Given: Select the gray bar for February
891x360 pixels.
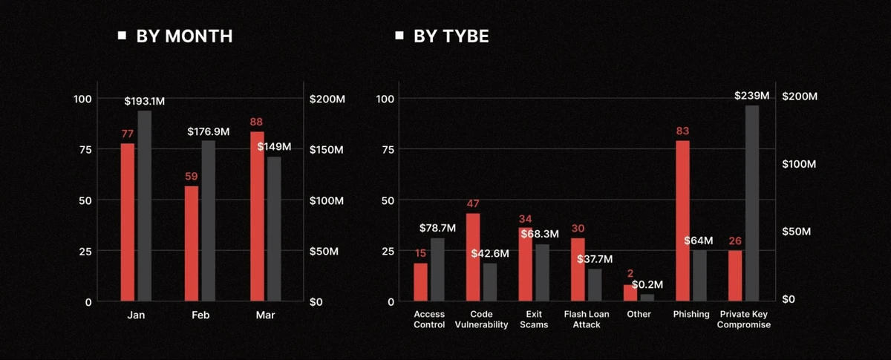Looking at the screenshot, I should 208,220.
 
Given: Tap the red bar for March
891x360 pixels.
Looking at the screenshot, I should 257,216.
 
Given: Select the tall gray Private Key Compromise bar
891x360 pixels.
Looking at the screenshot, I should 752,203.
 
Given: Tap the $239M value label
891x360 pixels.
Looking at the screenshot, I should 752,96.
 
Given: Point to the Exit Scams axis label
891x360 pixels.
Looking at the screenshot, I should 534,319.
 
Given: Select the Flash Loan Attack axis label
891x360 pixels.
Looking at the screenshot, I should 587,319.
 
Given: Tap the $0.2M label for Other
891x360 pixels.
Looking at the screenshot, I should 647,284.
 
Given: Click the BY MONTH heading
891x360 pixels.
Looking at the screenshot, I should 184,36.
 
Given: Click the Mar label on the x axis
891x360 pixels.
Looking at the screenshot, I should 265,315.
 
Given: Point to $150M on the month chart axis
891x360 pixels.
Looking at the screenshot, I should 326,150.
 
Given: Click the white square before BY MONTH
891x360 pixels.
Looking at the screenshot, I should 122,35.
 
